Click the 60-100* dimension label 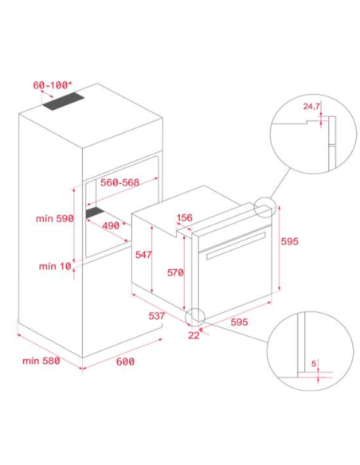52,85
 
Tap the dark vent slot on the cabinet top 63,102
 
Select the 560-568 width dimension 119,182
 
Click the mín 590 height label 55,218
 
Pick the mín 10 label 55,266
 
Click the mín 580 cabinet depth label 41,361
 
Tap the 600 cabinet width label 125,361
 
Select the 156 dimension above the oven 185,217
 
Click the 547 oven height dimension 143,255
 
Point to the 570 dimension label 175,272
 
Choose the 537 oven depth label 157,316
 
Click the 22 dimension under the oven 194,335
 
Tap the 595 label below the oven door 239,322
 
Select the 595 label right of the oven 290,241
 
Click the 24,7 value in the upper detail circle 311,106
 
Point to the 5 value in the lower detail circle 314,363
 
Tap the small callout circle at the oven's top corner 265,207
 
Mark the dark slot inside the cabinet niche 96,213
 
